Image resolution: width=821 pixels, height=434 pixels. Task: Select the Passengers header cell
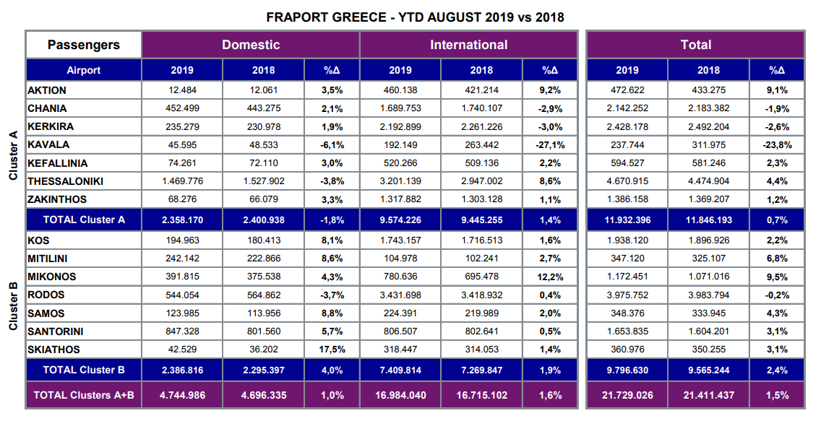(x=84, y=45)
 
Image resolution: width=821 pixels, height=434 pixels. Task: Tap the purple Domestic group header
(x=250, y=45)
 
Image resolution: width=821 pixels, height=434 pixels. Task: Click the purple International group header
(x=468, y=45)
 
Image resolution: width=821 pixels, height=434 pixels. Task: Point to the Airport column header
(x=84, y=70)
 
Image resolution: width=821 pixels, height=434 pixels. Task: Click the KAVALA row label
(x=48, y=144)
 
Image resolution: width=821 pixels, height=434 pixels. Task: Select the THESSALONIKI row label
(x=65, y=181)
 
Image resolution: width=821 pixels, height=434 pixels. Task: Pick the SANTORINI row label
(x=56, y=331)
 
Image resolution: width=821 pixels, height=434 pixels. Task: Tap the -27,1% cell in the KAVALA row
(x=549, y=144)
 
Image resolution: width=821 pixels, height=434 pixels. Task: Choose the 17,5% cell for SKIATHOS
(x=332, y=350)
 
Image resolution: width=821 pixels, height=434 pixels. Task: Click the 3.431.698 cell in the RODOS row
(x=400, y=295)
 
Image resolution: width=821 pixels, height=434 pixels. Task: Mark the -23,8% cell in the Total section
(x=777, y=144)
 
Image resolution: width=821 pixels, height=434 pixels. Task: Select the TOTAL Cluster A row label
(x=84, y=220)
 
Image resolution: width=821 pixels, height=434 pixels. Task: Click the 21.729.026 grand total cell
(x=627, y=395)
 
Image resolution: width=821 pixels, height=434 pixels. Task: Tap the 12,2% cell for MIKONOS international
(x=549, y=277)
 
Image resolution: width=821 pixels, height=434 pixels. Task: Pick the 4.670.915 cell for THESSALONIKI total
(x=627, y=181)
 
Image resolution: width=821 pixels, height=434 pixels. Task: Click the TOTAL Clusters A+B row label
(x=84, y=395)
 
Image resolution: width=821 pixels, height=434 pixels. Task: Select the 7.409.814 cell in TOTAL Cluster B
(x=400, y=370)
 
